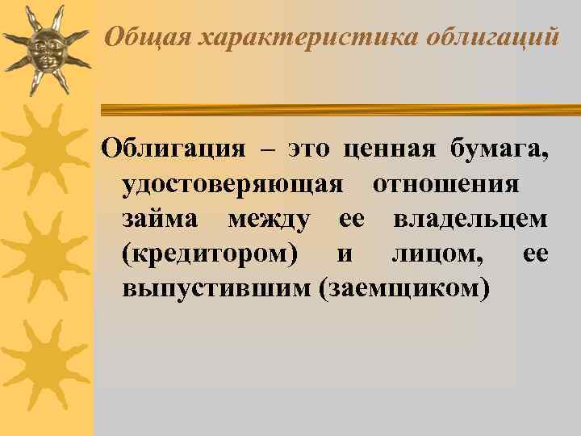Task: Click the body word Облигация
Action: pyautogui.click(x=172, y=149)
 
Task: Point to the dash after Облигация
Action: pyautogui.click(x=267, y=149)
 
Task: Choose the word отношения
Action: pyautogui.click(x=445, y=185)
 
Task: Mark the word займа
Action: pyautogui.click(x=162, y=220)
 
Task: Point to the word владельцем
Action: pyautogui.click(x=470, y=220)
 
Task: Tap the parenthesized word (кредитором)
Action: pyautogui.click(x=209, y=254)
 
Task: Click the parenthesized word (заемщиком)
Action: pyautogui.click(x=404, y=289)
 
